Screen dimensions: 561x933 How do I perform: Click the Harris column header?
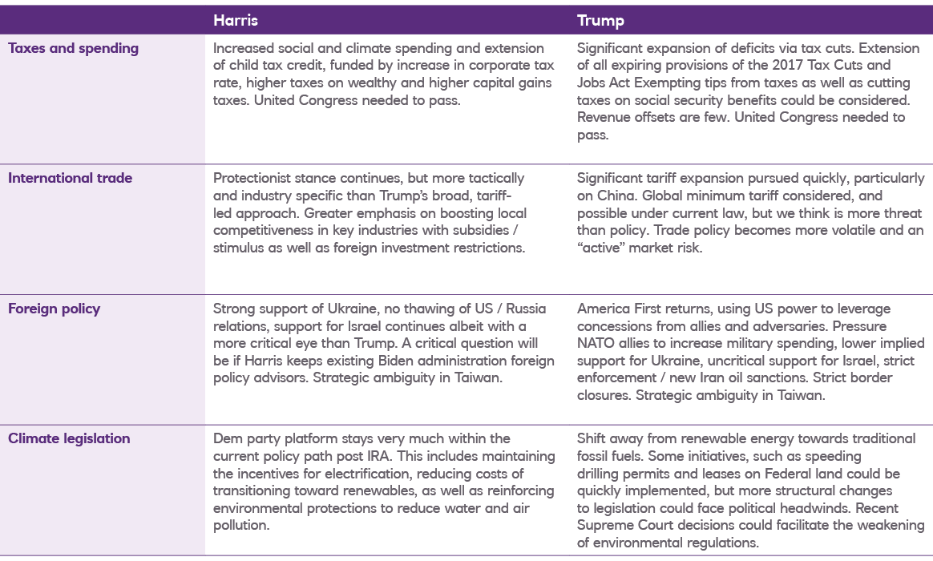click(235, 21)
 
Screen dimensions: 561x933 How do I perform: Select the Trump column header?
click(600, 21)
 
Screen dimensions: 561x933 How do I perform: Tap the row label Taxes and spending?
click(73, 48)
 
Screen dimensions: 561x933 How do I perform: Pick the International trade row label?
click(70, 178)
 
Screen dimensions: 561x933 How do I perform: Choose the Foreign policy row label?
click(54, 309)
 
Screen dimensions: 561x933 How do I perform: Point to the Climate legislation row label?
click(69, 438)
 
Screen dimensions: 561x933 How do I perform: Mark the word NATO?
click(596, 343)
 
